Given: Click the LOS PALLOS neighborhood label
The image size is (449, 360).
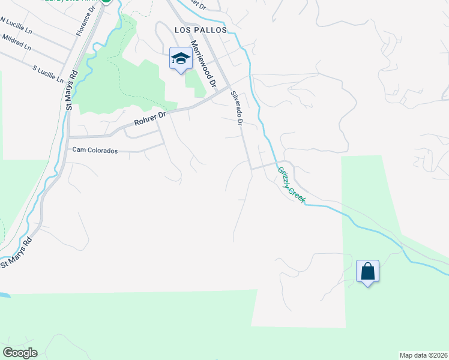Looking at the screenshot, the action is [x=201, y=29].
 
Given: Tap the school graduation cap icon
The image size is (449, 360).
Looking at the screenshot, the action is [x=181, y=58].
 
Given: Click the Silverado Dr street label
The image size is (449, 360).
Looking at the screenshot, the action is [x=235, y=107].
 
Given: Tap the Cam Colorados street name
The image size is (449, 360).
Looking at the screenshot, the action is [x=95, y=150].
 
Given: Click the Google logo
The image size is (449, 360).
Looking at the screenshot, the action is [x=20, y=353].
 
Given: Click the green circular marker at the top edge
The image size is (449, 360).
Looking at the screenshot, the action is [x=107, y=1].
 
